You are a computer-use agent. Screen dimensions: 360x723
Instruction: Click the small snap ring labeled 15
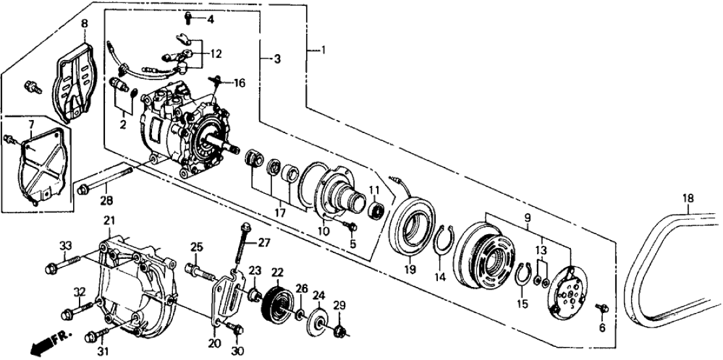click(x=520, y=276)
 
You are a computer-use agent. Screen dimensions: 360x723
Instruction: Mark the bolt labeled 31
click(x=95, y=337)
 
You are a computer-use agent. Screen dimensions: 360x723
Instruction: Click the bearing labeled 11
click(x=375, y=211)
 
